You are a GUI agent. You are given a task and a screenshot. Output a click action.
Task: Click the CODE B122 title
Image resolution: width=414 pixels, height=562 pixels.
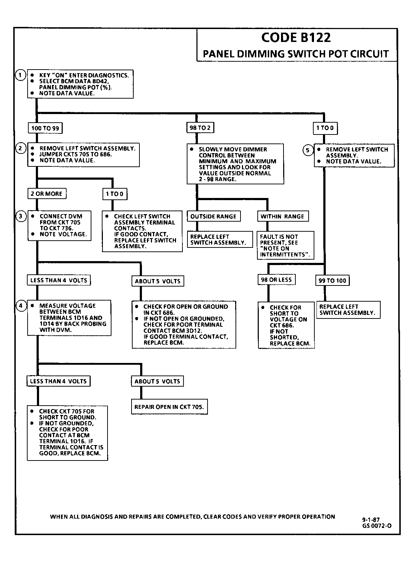pyautogui.click(x=296, y=38)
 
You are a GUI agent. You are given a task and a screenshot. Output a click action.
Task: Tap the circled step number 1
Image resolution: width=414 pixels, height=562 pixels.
pyautogui.click(x=20, y=75)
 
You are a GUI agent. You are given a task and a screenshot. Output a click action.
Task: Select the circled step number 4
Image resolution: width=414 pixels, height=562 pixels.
pyautogui.click(x=21, y=306)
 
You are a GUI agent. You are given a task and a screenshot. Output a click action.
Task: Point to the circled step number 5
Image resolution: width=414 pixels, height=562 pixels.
pyautogui.click(x=308, y=150)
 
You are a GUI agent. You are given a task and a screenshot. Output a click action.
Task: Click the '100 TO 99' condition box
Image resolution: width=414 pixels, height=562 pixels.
pyautogui.click(x=45, y=128)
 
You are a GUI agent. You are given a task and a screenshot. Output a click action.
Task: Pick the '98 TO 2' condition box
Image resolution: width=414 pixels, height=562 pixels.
pyautogui.click(x=200, y=128)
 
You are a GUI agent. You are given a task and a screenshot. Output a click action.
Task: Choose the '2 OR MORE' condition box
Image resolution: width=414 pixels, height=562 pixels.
pyautogui.click(x=47, y=194)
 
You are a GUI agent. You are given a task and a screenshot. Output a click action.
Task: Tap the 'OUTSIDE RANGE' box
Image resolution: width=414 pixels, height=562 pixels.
pyautogui.click(x=214, y=216)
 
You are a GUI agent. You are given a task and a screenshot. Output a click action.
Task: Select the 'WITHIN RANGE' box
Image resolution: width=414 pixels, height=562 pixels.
pyautogui.click(x=283, y=216)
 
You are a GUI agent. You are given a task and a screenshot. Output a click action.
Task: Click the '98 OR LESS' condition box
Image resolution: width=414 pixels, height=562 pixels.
pyautogui.click(x=277, y=280)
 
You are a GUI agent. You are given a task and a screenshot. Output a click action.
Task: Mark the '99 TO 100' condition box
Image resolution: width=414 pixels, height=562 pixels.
pyautogui.click(x=332, y=280)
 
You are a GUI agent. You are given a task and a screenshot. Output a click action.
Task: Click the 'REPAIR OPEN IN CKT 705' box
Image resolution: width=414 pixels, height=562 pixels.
pyautogui.click(x=169, y=407)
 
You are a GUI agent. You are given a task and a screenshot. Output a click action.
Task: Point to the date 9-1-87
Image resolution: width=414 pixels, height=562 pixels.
pyautogui.click(x=371, y=519)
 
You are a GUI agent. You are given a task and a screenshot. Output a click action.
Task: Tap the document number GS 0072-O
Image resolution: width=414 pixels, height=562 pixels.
pyautogui.click(x=377, y=526)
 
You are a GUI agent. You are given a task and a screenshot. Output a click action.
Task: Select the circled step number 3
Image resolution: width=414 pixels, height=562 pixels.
pyautogui.click(x=21, y=216)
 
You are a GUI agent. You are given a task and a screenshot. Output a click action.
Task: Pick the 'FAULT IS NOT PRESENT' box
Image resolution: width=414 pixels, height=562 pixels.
pyautogui.click(x=286, y=245)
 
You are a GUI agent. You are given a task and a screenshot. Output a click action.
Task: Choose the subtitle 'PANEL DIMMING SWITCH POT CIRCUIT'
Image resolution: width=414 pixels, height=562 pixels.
pyautogui.click(x=296, y=54)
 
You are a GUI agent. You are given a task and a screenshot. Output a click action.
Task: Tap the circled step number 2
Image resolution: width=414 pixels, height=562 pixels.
pyautogui.click(x=20, y=148)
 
